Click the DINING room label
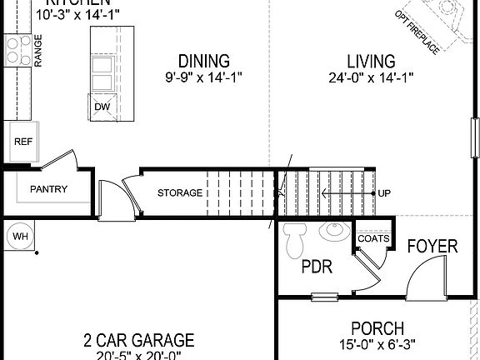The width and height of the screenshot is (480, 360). click(x=204, y=62)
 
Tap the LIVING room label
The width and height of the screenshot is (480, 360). click(x=371, y=62)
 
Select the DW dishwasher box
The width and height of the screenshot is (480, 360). click(x=102, y=107)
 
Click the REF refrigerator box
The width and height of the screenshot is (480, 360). click(x=22, y=142)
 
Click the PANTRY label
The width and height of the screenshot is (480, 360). click(x=48, y=189)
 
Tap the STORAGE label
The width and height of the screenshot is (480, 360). click(x=179, y=193)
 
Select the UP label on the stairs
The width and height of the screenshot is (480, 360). click(x=384, y=193)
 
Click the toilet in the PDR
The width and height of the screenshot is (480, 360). click(x=294, y=242)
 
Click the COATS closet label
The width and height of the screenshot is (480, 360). click(x=373, y=238)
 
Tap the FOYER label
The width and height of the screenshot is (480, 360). click(x=432, y=246)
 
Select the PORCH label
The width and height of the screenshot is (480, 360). click(x=377, y=329)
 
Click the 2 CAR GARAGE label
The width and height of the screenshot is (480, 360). click(x=138, y=340)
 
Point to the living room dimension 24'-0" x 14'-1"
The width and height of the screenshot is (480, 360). click(x=371, y=78)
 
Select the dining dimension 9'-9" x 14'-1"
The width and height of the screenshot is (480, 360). click(x=204, y=78)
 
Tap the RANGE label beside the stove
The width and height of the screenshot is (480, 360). click(x=37, y=49)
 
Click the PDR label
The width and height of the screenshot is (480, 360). click(x=317, y=268)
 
